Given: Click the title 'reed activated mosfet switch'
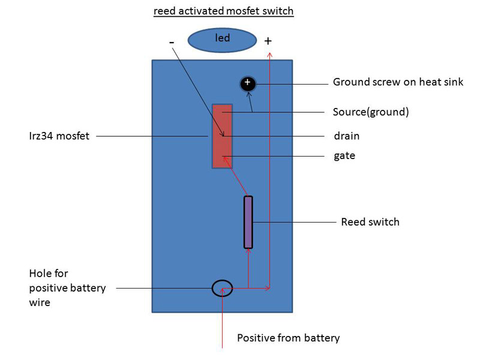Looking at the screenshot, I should pos(223,11).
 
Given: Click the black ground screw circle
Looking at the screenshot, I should pos(248,84).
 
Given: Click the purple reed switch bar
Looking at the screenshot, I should pos(248,222).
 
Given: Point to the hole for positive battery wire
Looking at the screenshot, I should pos(222,289).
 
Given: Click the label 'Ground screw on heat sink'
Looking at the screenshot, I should pos(398,82).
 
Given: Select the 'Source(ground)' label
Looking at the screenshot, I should pos(370,112).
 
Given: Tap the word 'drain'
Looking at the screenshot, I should pos(346,136).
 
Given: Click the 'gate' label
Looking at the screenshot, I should pos(344,156).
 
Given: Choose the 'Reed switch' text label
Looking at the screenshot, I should pos(370,222).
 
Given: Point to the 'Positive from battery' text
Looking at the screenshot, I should pos(288,338).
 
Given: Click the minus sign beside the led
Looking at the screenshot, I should pos(172,42).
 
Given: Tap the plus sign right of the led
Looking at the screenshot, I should pos(268,41).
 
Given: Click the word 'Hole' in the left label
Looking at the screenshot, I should pos(41,274).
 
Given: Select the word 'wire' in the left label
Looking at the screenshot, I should pos(40,303).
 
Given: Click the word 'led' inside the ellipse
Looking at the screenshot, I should pos(223,38).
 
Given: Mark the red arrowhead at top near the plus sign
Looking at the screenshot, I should pos(269,55).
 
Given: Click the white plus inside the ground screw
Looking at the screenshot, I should pos(248,82).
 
